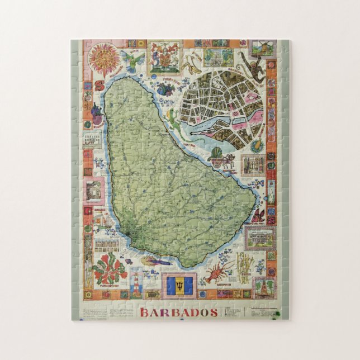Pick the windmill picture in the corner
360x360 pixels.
263,48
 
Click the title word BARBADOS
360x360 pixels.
179,312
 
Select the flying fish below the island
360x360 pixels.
157,260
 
